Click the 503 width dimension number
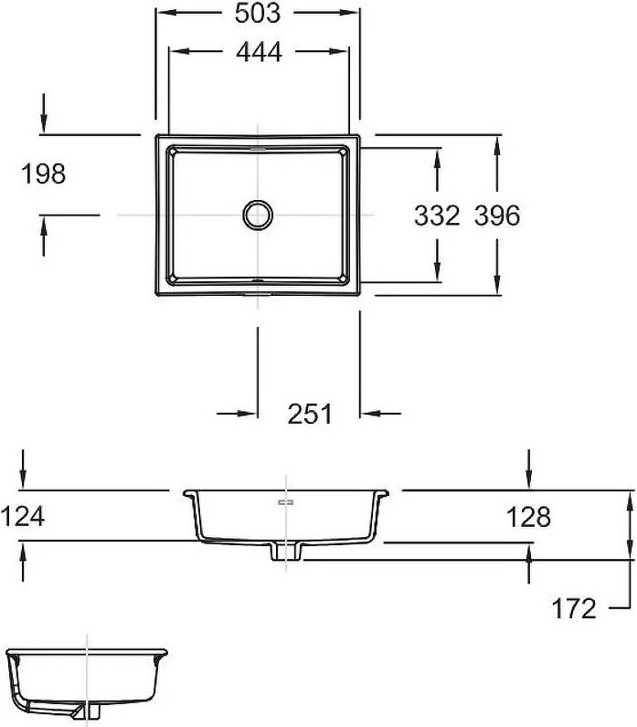pos(258,13)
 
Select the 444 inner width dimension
pos(259,51)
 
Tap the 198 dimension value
pos(44,174)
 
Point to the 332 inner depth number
pos(437,216)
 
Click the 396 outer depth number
pos(497,216)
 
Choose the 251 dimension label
pos(310,414)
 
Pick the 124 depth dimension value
pos(22,516)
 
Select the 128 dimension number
pos(528,517)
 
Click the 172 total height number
pos(573,608)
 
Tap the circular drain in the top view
pos(258,215)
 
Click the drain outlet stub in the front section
pos(286,552)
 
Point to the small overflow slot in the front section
pos(286,502)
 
